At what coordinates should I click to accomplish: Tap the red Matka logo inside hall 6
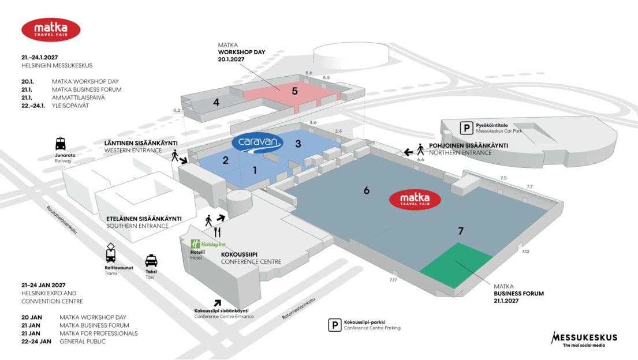(415, 199)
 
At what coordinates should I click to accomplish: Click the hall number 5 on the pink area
(294, 91)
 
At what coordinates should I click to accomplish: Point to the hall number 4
(216, 102)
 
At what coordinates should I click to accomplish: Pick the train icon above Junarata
(61, 144)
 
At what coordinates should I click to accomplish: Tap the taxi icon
(151, 261)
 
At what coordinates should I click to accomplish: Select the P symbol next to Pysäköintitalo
(465, 127)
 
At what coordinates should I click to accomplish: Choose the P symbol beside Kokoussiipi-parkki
(334, 325)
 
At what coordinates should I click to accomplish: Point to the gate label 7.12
(525, 252)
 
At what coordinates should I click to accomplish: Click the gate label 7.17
(393, 280)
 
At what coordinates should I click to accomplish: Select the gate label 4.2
(177, 110)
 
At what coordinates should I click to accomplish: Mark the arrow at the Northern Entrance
(408, 152)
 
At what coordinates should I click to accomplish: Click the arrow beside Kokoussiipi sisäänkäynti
(218, 302)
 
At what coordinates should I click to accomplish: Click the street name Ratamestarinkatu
(299, 309)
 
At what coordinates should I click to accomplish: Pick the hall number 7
(461, 231)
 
